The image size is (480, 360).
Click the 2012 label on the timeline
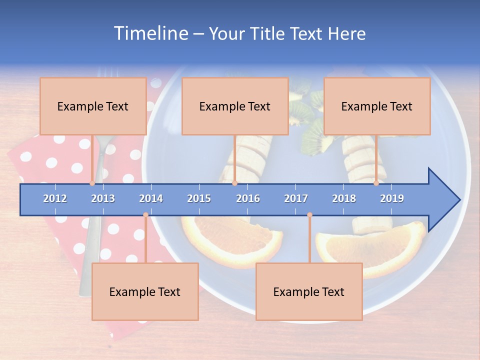pos(55,198)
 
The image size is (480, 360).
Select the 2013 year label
pos(103,198)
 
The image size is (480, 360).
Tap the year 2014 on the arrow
pos(151,198)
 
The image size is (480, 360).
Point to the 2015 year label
pos(199,198)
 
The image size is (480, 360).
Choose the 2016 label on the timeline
pos(248,198)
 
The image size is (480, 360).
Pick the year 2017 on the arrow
pos(296,198)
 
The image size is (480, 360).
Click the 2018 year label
pos(344,198)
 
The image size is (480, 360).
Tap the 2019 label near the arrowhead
pos(392,198)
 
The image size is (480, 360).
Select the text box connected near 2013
pos(93,106)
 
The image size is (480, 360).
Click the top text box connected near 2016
pos(235,106)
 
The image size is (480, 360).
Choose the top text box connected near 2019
pos(377,106)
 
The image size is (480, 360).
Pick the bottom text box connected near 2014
pos(145,291)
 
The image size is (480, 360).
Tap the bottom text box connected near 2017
pos(309,291)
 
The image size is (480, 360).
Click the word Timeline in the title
pos(150,33)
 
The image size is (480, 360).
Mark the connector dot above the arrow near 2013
pos(92,183)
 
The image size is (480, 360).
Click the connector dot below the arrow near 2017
pos(309,215)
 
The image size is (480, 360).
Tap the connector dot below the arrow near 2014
pos(145,215)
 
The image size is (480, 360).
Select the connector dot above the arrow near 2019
pos(376,183)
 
